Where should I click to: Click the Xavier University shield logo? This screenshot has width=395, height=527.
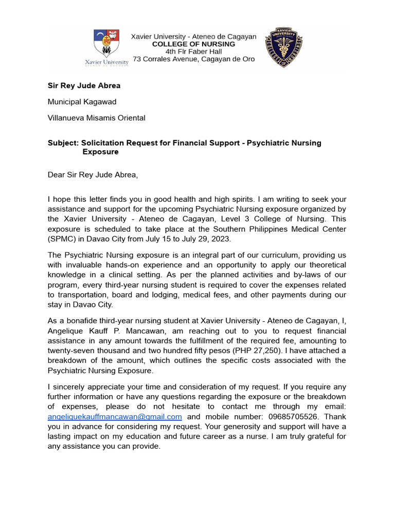pyautogui.click(x=107, y=43)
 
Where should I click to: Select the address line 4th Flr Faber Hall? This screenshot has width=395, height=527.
pyautogui.click(x=193, y=51)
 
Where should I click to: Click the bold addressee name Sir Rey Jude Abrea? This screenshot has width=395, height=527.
pyautogui.click(x=84, y=85)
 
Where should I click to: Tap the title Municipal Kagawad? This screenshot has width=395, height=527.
pyautogui.click(x=82, y=102)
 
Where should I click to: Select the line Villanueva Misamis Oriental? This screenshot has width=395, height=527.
pyautogui.click(x=97, y=118)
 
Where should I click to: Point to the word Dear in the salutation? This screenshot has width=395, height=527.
pyautogui.click(x=57, y=174)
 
